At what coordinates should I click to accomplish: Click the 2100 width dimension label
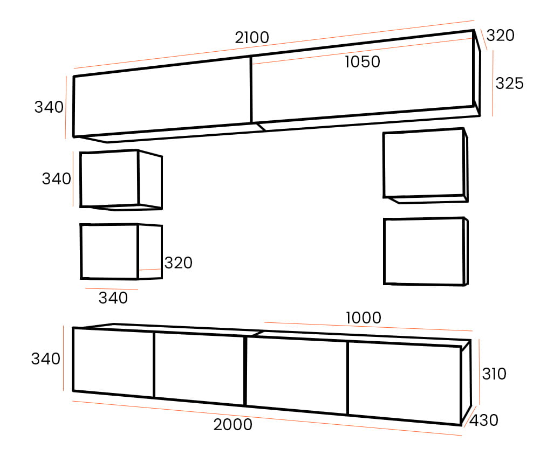(252, 38)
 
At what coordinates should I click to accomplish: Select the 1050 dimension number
(363, 62)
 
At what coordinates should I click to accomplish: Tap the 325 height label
(509, 84)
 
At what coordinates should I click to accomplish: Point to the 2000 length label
(233, 425)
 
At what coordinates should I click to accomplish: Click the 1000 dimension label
(363, 318)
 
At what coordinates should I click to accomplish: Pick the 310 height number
(494, 374)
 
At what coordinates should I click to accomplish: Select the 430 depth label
(484, 420)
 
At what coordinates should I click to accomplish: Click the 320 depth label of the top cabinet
(501, 36)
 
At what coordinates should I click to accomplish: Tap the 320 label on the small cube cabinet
(178, 263)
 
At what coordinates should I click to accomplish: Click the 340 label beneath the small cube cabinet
(113, 298)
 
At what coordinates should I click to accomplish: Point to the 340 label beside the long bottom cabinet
(46, 359)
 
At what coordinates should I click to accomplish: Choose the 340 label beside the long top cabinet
(49, 107)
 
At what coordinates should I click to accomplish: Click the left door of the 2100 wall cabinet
(162, 99)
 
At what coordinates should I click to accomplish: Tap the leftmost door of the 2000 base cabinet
(113, 363)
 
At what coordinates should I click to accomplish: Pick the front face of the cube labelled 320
(109, 251)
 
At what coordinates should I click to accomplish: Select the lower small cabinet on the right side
(423, 251)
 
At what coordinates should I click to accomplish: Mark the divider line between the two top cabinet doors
(251, 89)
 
